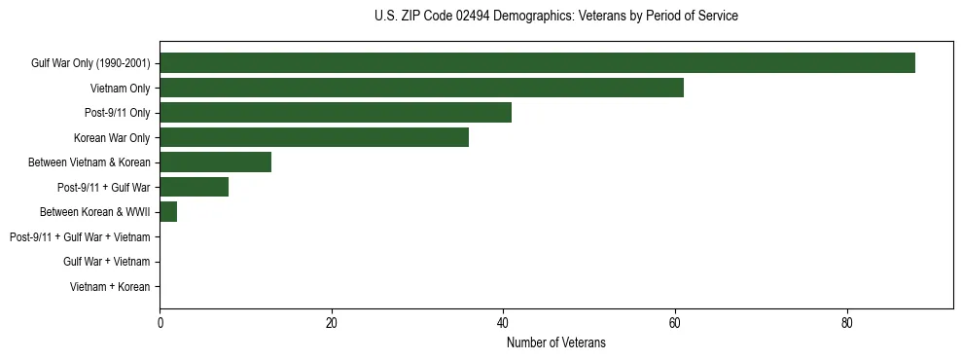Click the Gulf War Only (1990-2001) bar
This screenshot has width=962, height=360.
click(x=537, y=63)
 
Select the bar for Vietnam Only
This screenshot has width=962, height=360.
click(x=421, y=88)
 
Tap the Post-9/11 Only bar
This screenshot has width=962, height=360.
click(x=336, y=113)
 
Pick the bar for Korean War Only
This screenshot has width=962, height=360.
click(x=314, y=137)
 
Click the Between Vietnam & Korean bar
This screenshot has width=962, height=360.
click(x=215, y=162)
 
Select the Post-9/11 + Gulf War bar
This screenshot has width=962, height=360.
click(x=194, y=187)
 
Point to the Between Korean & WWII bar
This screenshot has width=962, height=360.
click(x=168, y=212)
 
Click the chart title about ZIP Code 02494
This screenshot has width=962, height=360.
click(x=555, y=17)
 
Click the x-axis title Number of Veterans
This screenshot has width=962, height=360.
click(x=555, y=342)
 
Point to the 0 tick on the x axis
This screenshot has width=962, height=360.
click(x=160, y=323)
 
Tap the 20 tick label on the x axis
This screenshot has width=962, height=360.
click(x=332, y=323)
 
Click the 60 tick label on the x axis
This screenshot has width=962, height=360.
click(x=675, y=323)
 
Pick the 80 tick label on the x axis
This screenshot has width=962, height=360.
click(x=847, y=323)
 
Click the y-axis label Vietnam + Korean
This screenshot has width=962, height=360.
click(x=110, y=287)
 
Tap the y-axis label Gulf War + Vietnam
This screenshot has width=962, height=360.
click(x=107, y=262)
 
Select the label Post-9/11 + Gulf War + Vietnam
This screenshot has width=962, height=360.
click(x=80, y=237)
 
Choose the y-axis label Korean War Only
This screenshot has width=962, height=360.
click(x=112, y=137)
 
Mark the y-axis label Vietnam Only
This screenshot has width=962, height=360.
click(x=120, y=89)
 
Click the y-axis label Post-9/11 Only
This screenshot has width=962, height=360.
click(x=117, y=113)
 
